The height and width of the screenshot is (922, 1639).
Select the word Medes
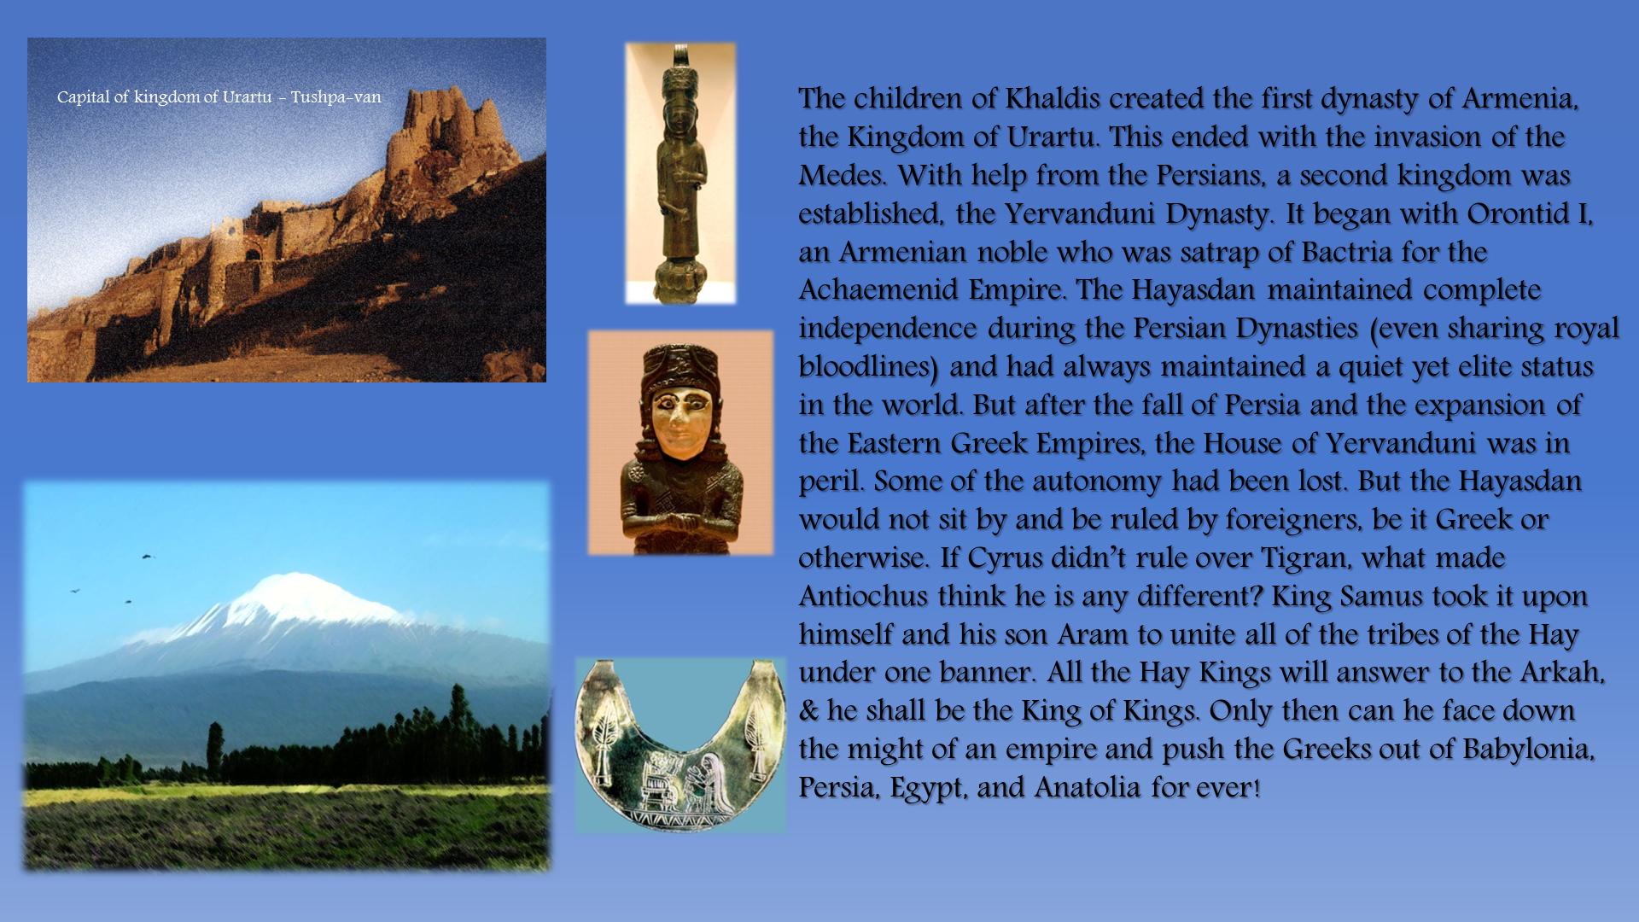840,175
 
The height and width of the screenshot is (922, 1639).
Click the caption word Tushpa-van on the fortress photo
335,97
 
